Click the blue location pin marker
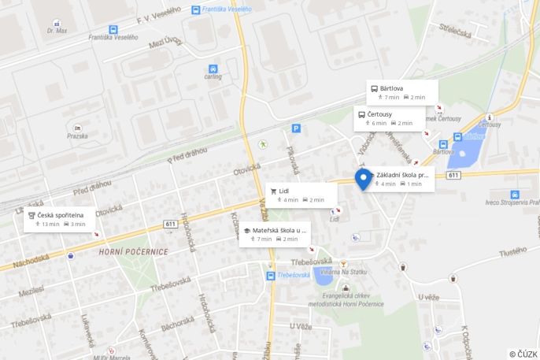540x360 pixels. click(363, 179)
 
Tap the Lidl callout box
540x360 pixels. click(301, 195)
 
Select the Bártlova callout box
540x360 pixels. click(401, 92)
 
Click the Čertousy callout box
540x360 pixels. click(389, 118)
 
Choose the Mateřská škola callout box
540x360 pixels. click(275, 234)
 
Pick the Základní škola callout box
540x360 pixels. click(401, 178)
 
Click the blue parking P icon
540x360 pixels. click(296, 128)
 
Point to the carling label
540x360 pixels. click(213, 76)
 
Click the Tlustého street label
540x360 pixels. click(512, 251)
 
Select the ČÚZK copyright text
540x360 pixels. click(523, 354)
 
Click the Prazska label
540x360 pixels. click(77, 135)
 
